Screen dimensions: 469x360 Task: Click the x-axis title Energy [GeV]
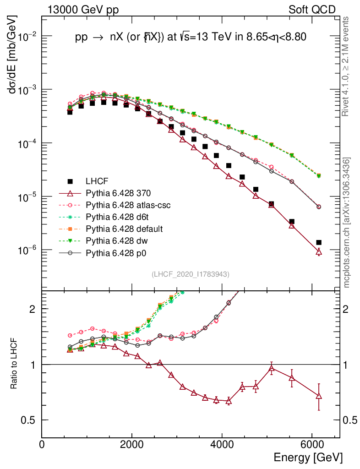[308, 457]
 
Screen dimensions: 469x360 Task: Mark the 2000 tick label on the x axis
[132, 445]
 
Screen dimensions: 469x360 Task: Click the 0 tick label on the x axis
[42, 445]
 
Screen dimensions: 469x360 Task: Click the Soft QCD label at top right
[312, 10]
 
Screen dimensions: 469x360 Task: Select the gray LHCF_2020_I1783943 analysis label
[191, 274]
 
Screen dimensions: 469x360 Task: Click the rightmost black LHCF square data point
[319, 242]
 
